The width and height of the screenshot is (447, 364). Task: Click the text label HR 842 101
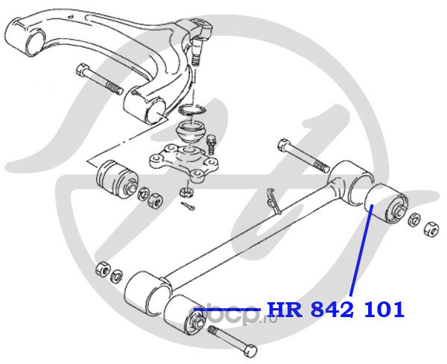pos(335,309)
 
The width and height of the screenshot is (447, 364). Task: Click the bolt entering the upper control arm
pos(98,80)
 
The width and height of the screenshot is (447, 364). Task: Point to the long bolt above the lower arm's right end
pos(302,153)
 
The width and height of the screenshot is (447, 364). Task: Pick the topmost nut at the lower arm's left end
pos(103,267)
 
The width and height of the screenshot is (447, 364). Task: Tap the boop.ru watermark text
pos(231,313)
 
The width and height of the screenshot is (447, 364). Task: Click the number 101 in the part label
pos(384,309)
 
